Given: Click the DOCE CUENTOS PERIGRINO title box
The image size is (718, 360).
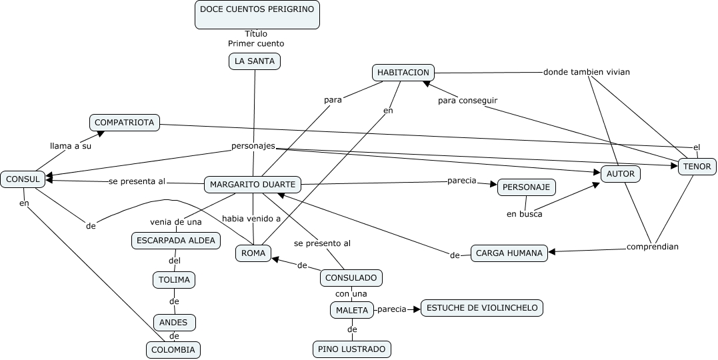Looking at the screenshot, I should click(x=257, y=15).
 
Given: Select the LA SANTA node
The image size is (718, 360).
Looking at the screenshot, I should click(x=255, y=61).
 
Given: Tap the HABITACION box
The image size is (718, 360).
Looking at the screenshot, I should click(x=403, y=73).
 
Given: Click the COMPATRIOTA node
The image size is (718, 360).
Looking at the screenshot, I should click(x=125, y=122).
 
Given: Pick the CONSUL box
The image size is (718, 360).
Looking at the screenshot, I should click(x=23, y=179).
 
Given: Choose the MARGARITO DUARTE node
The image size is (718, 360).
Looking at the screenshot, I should click(x=252, y=184).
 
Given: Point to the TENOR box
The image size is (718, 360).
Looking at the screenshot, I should click(x=697, y=167).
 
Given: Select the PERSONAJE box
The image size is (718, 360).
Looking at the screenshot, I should click(x=526, y=187).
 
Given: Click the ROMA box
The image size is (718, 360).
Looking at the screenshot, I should click(x=253, y=253).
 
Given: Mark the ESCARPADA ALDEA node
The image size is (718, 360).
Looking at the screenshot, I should click(x=176, y=241).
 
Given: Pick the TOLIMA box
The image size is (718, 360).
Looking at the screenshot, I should click(x=174, y=280).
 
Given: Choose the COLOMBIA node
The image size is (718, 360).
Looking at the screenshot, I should click(x=173, y=349).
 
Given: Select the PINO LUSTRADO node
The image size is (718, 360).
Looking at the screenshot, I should click(x=351, y=349).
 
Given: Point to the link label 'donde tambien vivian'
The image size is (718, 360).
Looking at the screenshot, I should click(x=586, y=72).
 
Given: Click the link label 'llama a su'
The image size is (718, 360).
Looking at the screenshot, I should click(x=71, y=146).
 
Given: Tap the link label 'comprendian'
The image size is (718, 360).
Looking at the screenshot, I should click(x=652, y=247).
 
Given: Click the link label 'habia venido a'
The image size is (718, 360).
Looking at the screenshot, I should click(x=251, y=218).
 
